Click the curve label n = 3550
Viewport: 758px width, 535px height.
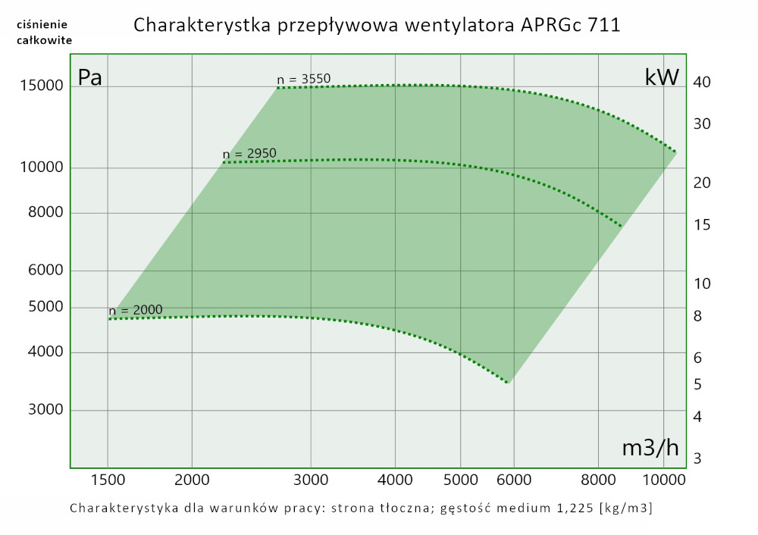303,78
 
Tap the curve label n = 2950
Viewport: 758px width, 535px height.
249,153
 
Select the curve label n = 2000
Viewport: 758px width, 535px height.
136,310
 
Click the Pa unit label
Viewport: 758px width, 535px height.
90,77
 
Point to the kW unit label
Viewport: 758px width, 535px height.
662,77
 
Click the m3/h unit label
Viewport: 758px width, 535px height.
650,447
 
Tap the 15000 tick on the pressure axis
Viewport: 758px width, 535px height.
41,86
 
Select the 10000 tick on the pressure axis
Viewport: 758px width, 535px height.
41,167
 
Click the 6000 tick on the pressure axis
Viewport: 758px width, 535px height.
45,271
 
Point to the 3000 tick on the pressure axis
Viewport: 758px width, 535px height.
45,410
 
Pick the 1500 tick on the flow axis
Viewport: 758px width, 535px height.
108,480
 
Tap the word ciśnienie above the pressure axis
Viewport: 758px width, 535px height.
44,25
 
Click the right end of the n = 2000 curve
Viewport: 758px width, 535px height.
508,383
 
